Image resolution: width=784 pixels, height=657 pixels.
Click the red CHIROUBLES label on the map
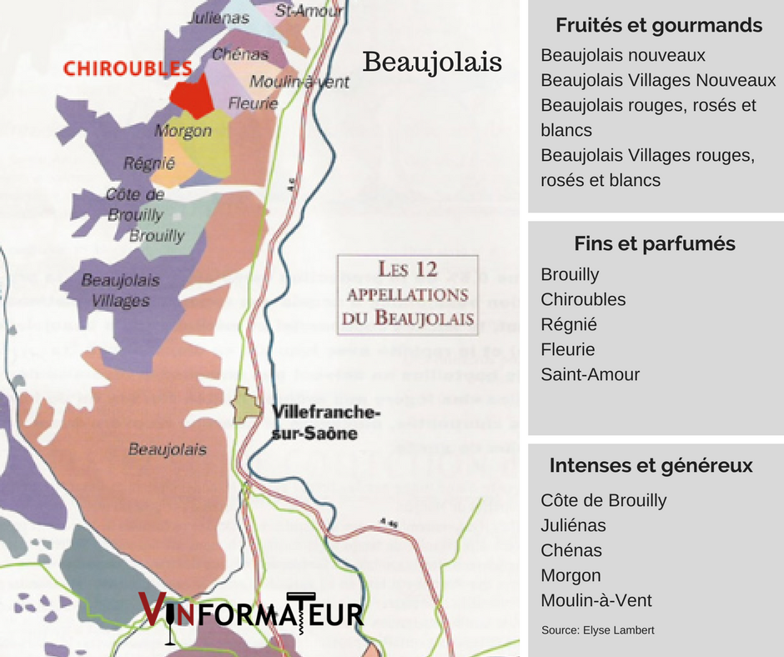coord(128,68)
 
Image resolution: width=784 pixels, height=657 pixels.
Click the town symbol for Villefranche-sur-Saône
coord(247,405)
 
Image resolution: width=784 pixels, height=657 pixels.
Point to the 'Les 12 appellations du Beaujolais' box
coord(407,293)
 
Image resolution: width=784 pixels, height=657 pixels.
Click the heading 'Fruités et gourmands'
coord(659,25)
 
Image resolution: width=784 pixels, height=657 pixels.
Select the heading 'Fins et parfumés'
coord(655,243)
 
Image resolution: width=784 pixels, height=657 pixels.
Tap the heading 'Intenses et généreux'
coord(651,465)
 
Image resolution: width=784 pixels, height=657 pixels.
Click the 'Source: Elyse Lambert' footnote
coord(598,629)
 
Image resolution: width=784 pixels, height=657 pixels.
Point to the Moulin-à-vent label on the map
coord(299,82)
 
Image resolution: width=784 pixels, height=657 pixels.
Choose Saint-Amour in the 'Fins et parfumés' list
coord(590,374)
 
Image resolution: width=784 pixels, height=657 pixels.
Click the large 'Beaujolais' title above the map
coord(433,62)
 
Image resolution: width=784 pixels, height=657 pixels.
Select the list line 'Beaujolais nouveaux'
coord(623,55)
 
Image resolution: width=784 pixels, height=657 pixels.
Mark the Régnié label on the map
coord(148,164)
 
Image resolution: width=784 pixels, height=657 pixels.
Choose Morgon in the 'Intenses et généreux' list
coord(570,575)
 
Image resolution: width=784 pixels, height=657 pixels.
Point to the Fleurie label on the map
coord(254,104)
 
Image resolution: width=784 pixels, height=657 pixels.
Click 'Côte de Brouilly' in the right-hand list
coord(603,500)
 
